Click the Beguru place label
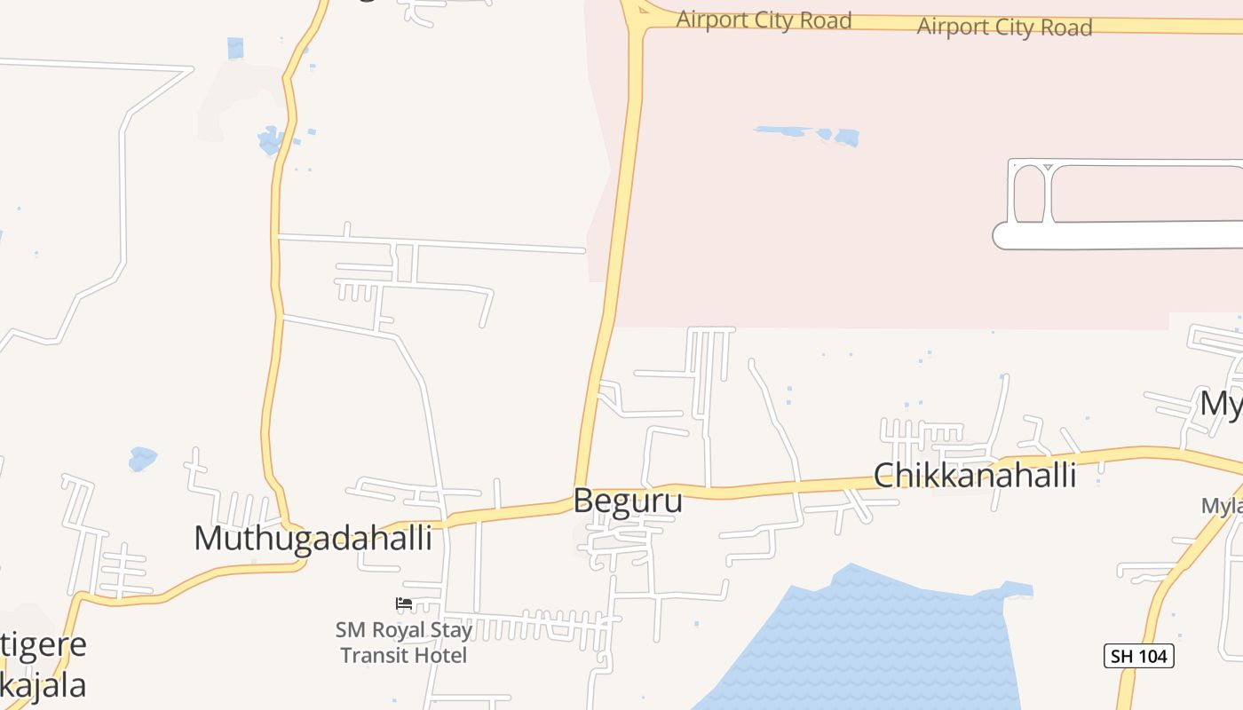(x=628, y=501)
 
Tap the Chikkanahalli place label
(x=975, y=476)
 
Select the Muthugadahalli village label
(x=313, y=538)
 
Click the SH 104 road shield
(x=1139, y=656)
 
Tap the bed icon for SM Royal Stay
(x=404, y=603)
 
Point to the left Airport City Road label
(x=764, y=20)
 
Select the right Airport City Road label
(x=1003, y=27)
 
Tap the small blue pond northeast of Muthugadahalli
(x=142, y=459)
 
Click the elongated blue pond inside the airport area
(x=808, y=134)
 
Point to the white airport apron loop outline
(x=1119, y=235)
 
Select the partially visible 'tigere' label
(x=44, y=644)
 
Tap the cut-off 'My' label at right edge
(x=1221, y=404)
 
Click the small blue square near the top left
(x=235, y=48)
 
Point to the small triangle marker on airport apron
(x=1048, y=167)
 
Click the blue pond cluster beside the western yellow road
(x=271, y=139)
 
